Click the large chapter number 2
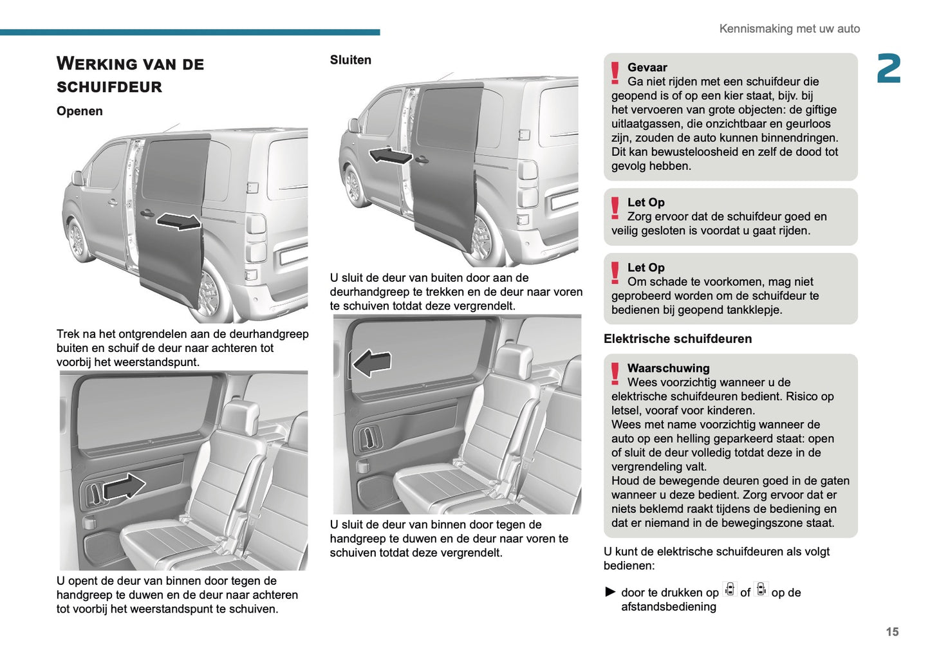[888, 69]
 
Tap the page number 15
[891, 632]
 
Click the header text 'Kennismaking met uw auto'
[789, 29]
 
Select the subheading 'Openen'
[79, 111]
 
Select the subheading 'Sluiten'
[350, 60]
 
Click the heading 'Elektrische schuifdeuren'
[677, 338]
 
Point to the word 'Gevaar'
[647, 68]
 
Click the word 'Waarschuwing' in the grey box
[668, 368]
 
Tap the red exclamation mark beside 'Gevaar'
[615, 73]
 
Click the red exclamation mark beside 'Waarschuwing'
[615, 373]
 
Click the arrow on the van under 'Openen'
[178, 221]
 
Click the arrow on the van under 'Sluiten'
[390, 155]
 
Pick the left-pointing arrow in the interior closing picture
[372, 364]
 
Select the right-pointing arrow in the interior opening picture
[124, 486]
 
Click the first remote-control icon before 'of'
[729, 590]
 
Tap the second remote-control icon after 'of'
[761, 590]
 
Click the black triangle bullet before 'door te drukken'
[610, 592]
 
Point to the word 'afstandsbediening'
[668, 607]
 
